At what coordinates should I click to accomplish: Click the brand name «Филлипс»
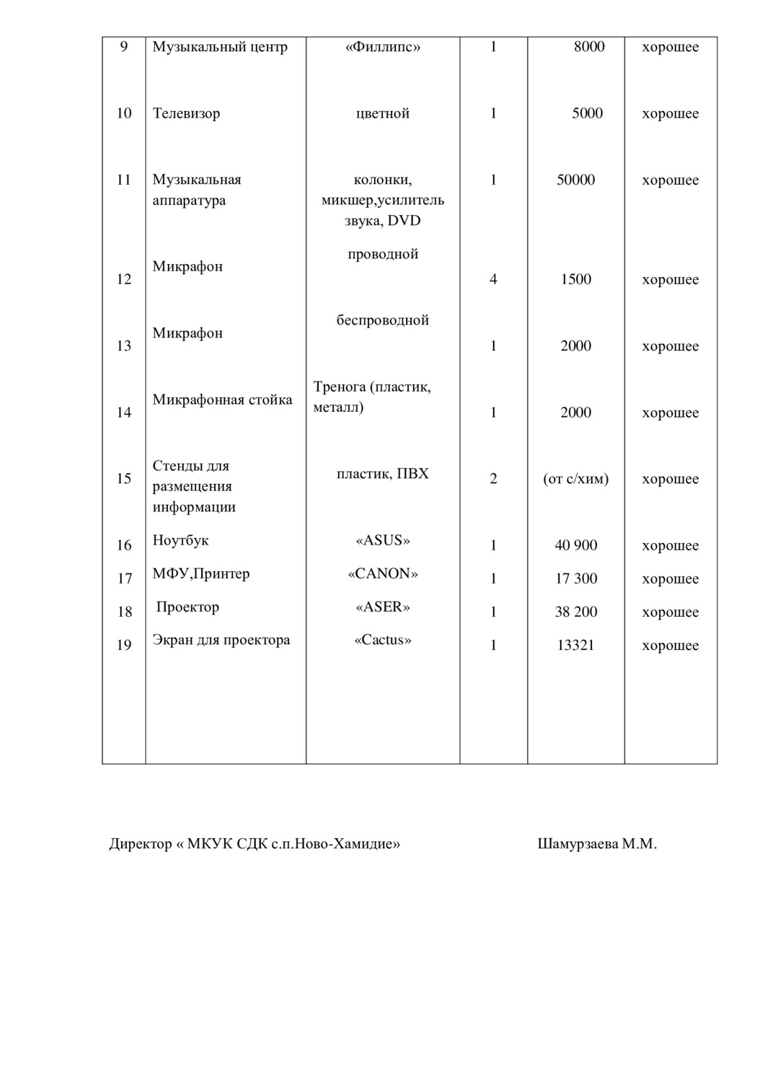coord(383,48)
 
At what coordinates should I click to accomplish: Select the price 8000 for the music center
coord(589,48)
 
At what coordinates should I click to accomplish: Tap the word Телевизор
coord(186,114)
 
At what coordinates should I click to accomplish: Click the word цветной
coord(383,114)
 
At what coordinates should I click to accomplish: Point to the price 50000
coord(575,180)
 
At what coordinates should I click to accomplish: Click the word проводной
coord(383,255)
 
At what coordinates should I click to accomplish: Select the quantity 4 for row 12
coord(493,280)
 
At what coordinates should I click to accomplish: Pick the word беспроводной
coord(383,321)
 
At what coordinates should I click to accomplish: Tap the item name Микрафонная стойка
coord(222,400)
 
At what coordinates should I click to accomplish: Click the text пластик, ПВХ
coord(383,475)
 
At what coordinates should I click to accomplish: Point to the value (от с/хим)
coord(575,479)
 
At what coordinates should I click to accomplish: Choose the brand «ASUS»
coord(383,541)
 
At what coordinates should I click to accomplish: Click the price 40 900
coord(575,545)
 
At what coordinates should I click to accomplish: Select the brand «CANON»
coord(383,574)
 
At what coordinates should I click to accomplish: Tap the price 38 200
coord(575,612)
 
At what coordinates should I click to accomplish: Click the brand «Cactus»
coord(383,641)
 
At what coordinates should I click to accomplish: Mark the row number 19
coord(124,645)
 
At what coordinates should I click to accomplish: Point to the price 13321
coord(575,645)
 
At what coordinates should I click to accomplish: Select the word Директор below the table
coord(140,844)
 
